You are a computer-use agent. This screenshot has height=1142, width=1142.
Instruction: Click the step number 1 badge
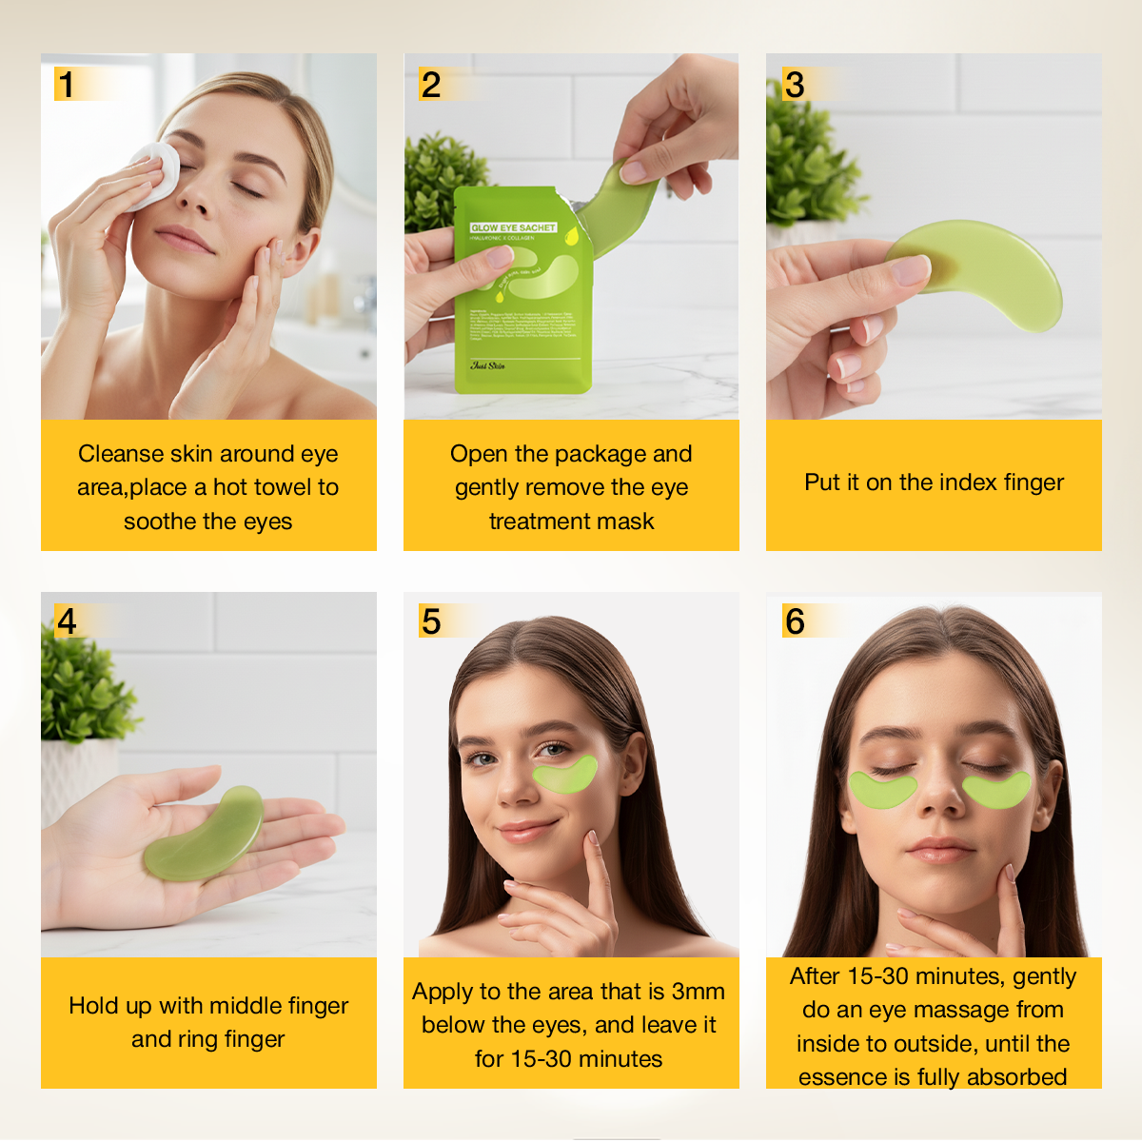(66, 85)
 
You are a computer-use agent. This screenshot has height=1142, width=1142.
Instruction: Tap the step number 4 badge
(67, 621)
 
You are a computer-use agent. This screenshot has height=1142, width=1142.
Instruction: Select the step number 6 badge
(795, 621)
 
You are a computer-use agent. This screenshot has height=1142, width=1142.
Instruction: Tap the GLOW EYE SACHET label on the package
(513, 227)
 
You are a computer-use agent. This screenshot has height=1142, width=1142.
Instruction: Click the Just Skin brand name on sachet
(488, 365)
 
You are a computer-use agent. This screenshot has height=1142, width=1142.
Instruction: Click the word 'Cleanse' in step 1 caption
(119, 454)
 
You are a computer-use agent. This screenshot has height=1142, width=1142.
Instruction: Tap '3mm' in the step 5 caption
(698, 992)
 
